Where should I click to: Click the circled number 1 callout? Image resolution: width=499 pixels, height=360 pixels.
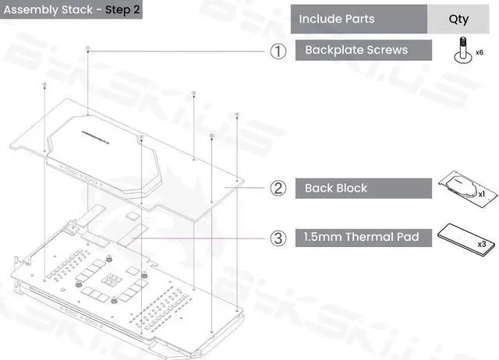[x=278, y=51]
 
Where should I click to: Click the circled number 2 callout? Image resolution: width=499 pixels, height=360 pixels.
[x=278, y=189]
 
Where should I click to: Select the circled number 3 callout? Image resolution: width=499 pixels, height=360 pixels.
[x=278, y=238]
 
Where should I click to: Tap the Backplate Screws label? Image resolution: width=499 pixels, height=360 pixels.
[x=356, y=51]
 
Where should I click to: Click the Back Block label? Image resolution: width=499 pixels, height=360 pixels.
[x=336, y=189]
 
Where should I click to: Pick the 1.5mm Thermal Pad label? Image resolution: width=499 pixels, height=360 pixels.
[x=362, y=237]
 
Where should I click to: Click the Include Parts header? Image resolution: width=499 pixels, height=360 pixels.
[x=337, y=19]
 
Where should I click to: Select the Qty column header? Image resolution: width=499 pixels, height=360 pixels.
[x=458, y=19]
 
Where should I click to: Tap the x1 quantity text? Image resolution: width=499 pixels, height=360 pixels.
[x=481, y=192]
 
